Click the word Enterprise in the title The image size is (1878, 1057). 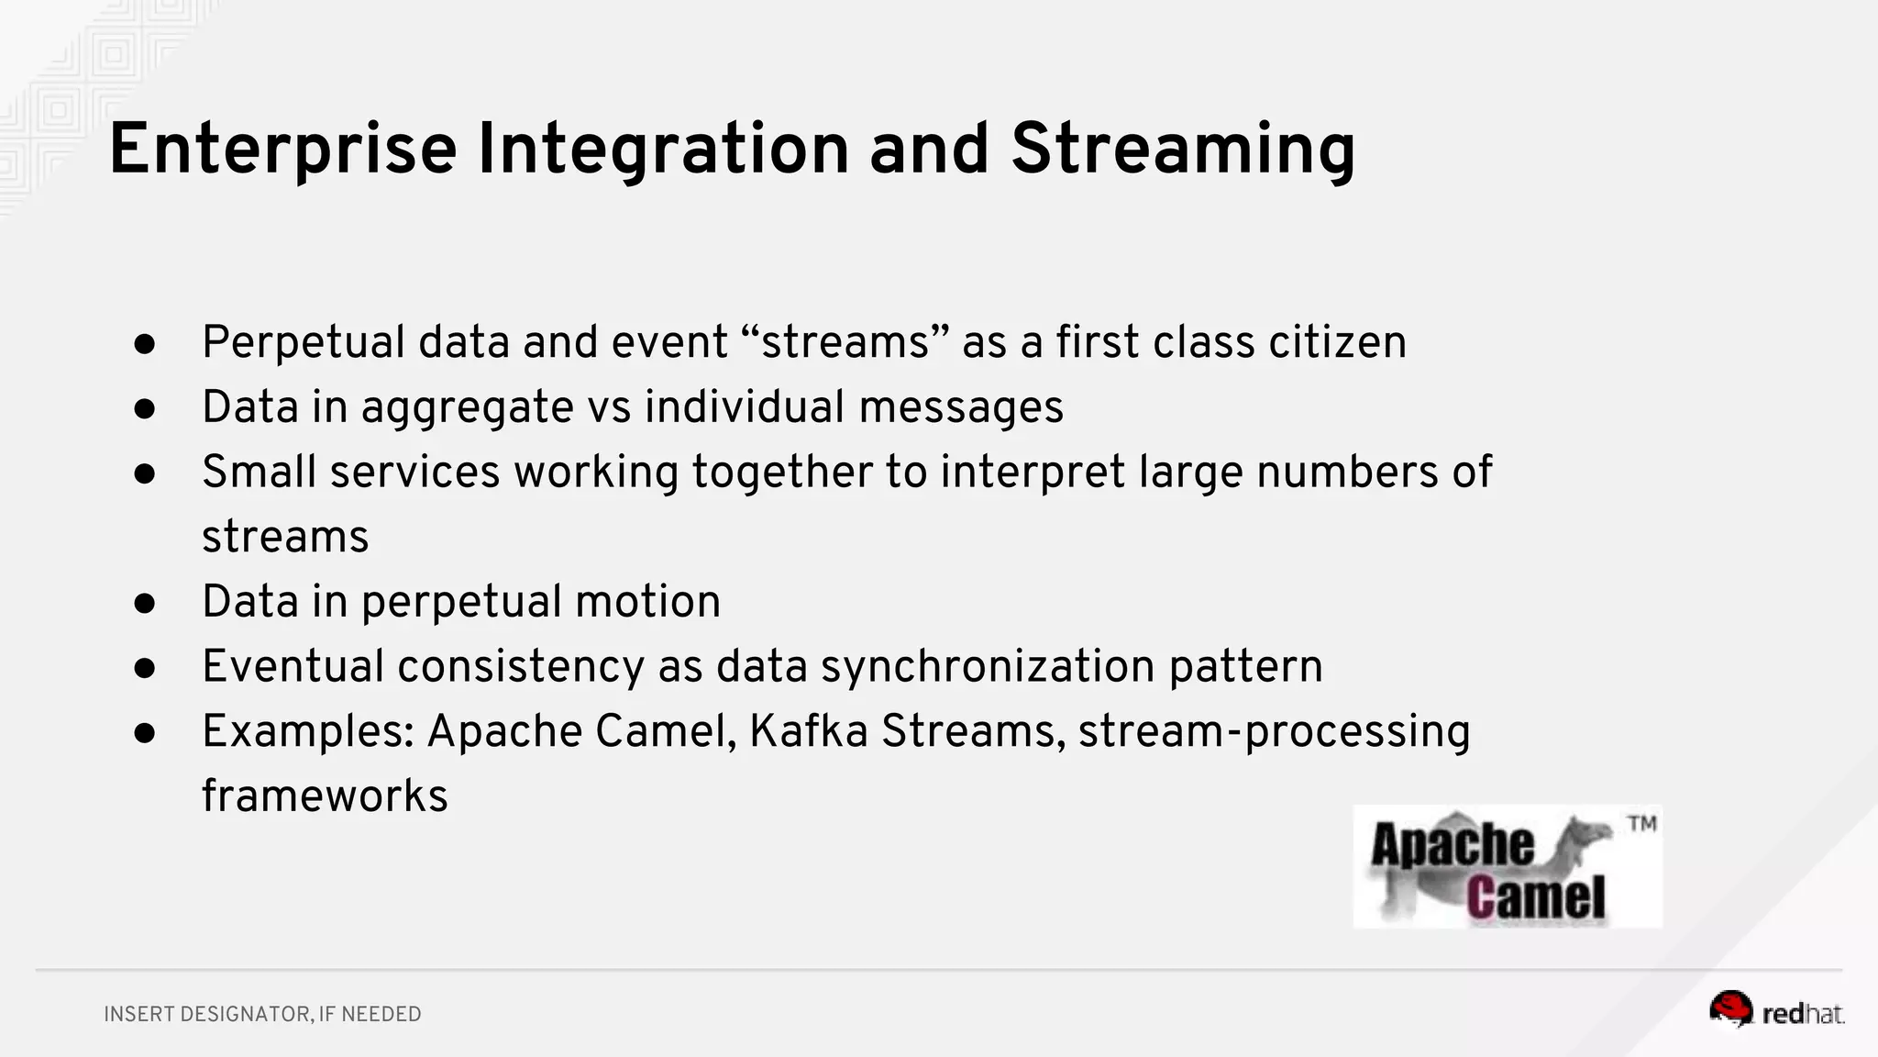point(282,150)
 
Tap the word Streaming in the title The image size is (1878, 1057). point(1183,150)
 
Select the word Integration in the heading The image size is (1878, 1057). point(663,150)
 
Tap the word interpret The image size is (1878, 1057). point(1033,473)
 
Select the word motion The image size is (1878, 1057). point(647,602)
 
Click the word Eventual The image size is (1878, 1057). point(293,666)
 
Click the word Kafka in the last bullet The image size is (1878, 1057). point(808,731)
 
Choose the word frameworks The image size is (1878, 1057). point(325,796)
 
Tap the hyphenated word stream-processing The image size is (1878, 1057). point(1274,731)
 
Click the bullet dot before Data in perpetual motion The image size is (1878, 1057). point(145,604)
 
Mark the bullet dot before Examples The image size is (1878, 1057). point(145,733)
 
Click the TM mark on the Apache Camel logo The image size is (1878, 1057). point(1641,823)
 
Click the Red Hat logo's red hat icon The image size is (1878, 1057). point(1730,1008)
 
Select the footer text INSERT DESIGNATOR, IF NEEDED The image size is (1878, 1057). point(262,1014)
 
